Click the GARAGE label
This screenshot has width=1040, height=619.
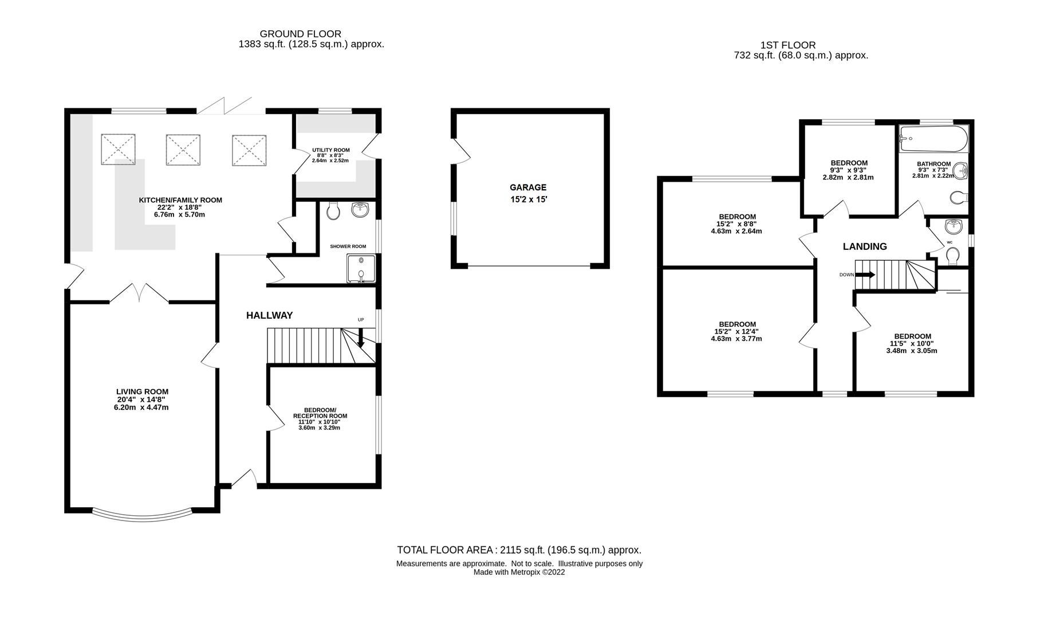coord(527,187)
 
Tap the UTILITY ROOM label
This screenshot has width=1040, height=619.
coord(330,150)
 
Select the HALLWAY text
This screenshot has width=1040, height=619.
coord(269,315)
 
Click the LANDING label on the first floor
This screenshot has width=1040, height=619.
coord(864,246)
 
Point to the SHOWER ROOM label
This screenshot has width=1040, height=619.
coord(348,246)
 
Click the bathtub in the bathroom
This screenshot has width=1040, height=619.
coord(933,138)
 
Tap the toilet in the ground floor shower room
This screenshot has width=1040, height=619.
coord(333,211)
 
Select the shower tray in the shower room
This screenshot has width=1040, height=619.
coord(361,269)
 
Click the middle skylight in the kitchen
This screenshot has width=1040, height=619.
coord(183,150)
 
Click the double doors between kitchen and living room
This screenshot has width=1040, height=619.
coord(139,293)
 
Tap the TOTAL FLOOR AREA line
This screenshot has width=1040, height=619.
coord(519,550)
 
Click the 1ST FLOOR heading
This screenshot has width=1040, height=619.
coord(787,45)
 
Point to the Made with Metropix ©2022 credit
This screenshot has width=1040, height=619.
coord(519,572)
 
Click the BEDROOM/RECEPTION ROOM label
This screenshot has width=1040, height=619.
coord(320,413)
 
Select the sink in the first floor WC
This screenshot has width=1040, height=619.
coord(953,227)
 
